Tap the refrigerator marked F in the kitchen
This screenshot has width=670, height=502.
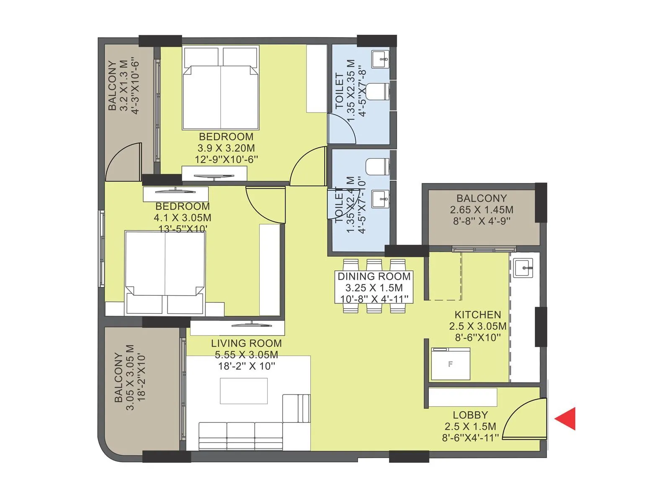tap(451, 364)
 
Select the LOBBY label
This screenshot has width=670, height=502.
tap(470, 415)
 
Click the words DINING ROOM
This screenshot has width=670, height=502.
tap(374, 277)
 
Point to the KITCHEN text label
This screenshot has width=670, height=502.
tap(477, 315)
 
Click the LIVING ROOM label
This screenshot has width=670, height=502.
tap(246, 343)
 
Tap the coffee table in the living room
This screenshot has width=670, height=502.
tap(244, 391)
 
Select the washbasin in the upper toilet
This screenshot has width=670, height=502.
tap(381, 59)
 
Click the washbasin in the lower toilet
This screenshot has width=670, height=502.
tap(381, 198)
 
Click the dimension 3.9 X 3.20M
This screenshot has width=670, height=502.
tap(226, 148)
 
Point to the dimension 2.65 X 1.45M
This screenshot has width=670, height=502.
tap(482, 210)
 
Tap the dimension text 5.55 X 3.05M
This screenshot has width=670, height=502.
tap(246, 355)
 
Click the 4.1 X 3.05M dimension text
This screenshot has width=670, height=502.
tap(182, 218)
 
